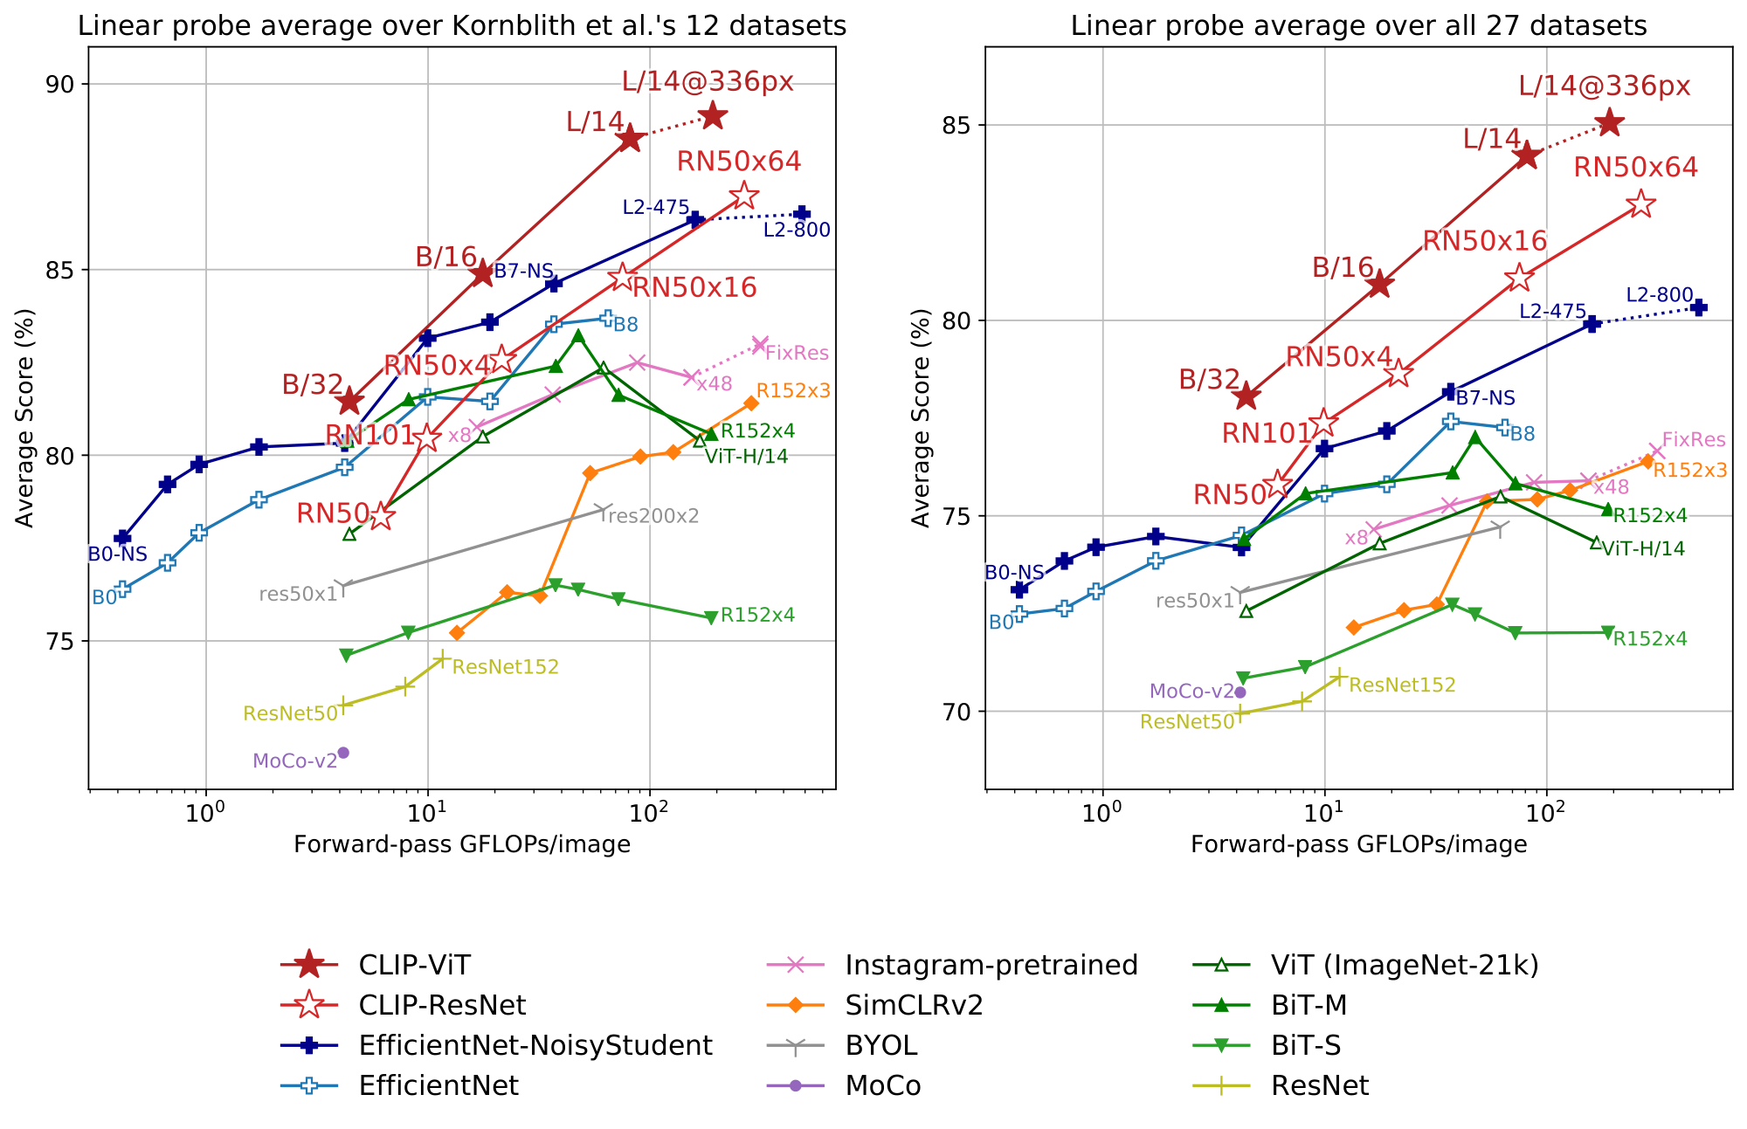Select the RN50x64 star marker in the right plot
click(x=1642, y=204)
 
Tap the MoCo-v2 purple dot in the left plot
click(x=343, y=753)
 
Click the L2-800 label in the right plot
click(x=1659, y=295)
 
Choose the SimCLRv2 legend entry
click(x=914, y=1005)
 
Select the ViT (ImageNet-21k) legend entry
click(x=1405, y=965)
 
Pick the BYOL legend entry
click(x=880, y=1045)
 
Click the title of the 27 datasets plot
click(x=1358, y=25)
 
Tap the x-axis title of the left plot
click(x=462, y=844)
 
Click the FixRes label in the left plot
click(x=797, y=354)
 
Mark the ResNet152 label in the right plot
click(x=1402, y=685)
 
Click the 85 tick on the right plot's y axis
click(x=960, y=125)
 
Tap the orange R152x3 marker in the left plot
click(x=751, y=403)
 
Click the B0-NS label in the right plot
click(x=1014, y=573)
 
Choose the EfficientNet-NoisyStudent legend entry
click(x=535, y=1045)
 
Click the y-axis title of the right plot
click(x=922, y=417)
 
